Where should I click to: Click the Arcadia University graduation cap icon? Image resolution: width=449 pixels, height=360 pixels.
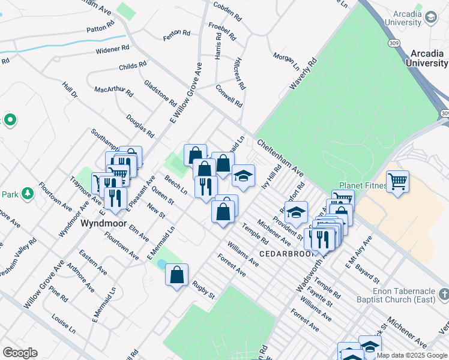(430, 18)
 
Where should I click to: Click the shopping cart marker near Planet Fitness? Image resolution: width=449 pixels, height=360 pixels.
(398, 180)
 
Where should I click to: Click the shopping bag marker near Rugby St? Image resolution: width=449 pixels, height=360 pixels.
(177, 275)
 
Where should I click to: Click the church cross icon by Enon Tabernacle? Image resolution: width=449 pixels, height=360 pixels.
(444, 294)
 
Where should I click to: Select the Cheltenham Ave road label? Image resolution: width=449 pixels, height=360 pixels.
(281, 158)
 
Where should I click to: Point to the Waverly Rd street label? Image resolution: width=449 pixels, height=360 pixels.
(303, 74)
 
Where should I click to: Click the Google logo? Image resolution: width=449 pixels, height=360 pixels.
(20, 353)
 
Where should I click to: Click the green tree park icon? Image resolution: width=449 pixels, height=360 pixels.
(27, 193)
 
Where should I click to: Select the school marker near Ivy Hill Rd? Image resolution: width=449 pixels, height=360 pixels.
(243, 176)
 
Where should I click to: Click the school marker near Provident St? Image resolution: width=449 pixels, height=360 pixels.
(296, 212)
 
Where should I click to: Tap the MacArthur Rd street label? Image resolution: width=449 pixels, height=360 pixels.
(113, 90)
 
